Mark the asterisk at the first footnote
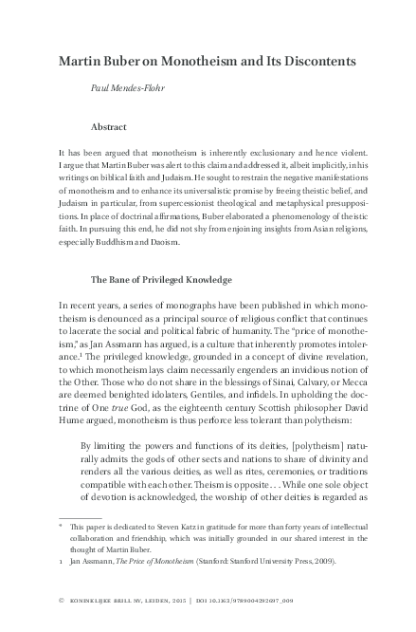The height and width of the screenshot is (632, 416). coord(61,524)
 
